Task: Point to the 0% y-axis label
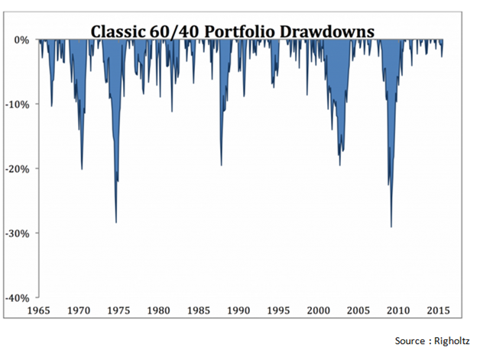tap(22, 40)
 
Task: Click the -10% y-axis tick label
tap(19, 104)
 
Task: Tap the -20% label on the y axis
tap(19, 168)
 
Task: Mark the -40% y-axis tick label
tap(19, 297)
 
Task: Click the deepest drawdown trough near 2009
tap(391, 226)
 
